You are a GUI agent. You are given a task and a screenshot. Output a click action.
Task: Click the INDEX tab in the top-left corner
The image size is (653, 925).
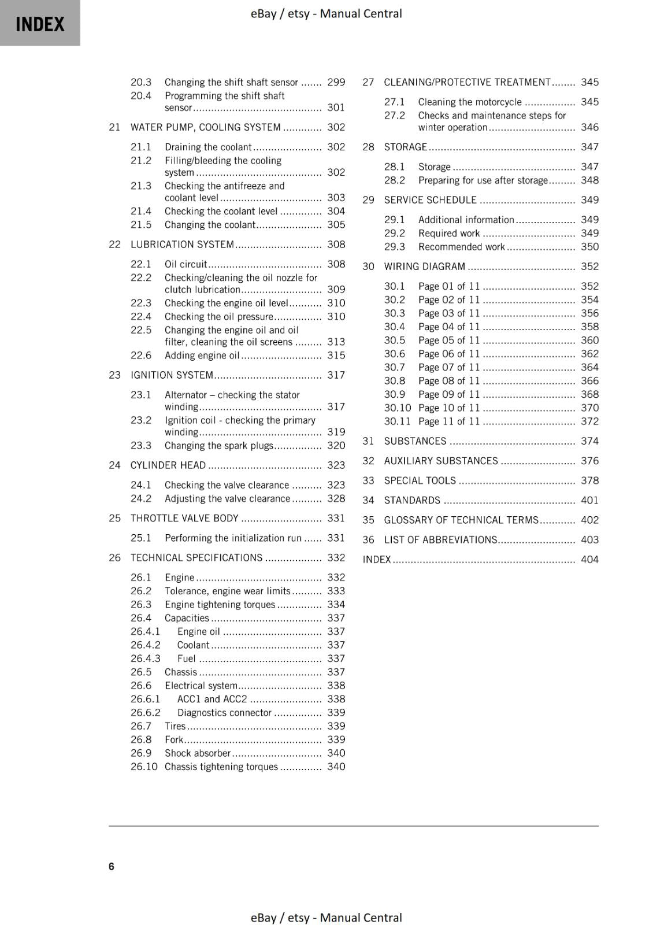coord(40,24)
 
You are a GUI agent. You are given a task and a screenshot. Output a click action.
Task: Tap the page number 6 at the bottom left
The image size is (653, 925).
coord(112,866)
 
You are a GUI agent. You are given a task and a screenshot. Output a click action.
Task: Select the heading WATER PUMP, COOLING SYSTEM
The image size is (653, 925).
coord(205,127)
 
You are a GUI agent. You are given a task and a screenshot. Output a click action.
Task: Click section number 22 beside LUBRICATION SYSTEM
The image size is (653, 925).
coord(114,245)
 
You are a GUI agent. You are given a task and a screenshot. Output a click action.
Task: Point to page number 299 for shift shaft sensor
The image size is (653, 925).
coord(336,82)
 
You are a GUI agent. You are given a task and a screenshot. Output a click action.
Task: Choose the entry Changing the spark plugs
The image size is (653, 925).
coord(218,446)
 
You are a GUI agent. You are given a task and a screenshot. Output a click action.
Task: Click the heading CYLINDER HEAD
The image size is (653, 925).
coord(168,465)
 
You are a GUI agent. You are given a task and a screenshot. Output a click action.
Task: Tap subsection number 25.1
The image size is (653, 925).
coord(140,538)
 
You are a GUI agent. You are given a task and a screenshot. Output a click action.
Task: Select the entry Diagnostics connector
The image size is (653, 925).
coord(224,713)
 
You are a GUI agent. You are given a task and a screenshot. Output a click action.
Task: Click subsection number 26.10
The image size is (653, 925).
coord(143,767)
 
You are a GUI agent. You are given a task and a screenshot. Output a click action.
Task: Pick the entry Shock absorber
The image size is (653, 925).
coord(198,753)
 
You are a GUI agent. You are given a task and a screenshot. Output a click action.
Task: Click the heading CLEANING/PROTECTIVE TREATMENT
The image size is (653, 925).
coord(467,82)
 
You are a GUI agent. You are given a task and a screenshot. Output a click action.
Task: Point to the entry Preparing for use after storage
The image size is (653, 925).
coord(483,180)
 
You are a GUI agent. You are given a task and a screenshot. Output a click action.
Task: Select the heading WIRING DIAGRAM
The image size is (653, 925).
coord(424,267)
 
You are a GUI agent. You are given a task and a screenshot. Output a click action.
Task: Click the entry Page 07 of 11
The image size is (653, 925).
coord(448,368)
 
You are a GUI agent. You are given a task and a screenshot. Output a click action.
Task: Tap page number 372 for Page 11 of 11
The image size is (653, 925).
coord(589,421)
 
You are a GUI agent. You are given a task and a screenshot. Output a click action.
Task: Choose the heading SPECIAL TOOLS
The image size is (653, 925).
coord(420,481)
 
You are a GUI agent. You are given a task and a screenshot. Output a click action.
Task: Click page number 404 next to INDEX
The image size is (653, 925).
coord(589,560)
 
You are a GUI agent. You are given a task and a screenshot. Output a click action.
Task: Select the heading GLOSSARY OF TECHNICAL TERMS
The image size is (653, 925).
coord(461,520)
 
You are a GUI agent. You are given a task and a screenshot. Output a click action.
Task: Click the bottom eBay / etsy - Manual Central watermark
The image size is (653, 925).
coord(326,917)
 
